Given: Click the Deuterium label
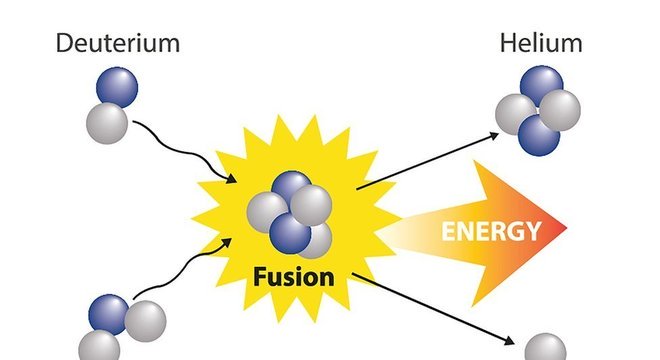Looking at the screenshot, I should point(118,43).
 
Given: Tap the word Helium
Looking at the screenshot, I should point(541,43).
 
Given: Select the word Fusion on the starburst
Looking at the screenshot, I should point(294,276).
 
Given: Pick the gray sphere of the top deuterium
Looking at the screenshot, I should point(107,123).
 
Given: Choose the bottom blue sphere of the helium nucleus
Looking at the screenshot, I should point(538,135).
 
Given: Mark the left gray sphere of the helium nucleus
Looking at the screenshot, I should point(515,114).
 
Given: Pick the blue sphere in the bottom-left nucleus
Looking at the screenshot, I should point(111,313).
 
